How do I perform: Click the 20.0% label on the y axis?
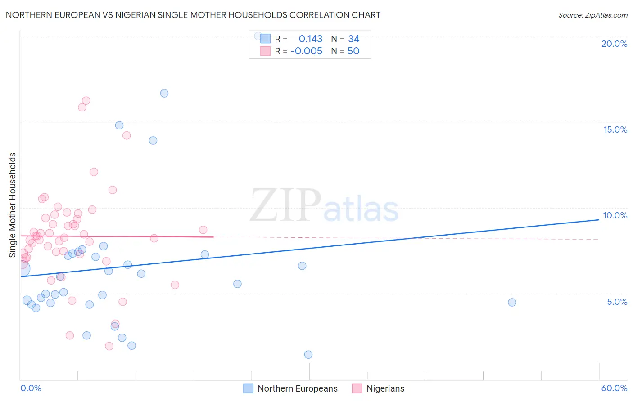pos(614,44)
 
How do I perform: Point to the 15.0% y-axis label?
pos(615,129)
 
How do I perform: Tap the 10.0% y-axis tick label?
pos(615,215)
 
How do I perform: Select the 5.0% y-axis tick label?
pos(617,302)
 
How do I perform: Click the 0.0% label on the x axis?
pos(31,388)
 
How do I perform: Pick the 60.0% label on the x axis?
pos(614,388)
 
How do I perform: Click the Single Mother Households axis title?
pos(12,205)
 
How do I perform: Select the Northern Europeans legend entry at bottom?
pos(297,388)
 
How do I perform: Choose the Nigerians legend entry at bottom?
pos(385,388)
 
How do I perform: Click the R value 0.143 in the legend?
pos(311,39)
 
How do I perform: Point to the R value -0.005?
pos(306,51)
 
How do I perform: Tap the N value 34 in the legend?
pos(354,39)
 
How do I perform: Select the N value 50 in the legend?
pos(353,51)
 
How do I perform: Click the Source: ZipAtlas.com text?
pos(592,15)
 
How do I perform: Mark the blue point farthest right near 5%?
pos(512,302)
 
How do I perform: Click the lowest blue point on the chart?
pos(308,354)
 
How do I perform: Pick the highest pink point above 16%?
pos(86,101)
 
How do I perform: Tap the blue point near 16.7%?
pos(164,94)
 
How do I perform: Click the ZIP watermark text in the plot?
pos(285,205)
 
